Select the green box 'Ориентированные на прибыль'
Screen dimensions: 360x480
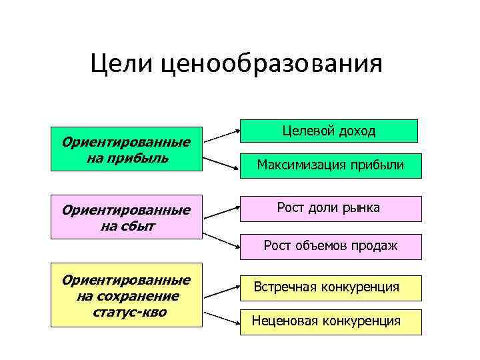click(x=126, y=149)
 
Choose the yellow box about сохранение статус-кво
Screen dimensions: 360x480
click(x=126, y=296)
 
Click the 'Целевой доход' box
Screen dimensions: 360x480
click(x=329, y=131)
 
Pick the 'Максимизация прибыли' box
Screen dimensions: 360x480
click(x=331, y=165)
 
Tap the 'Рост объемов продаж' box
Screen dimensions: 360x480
click(x=331, y=246)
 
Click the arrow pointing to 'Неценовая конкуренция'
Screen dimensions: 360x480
click(x=222, y=318)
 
